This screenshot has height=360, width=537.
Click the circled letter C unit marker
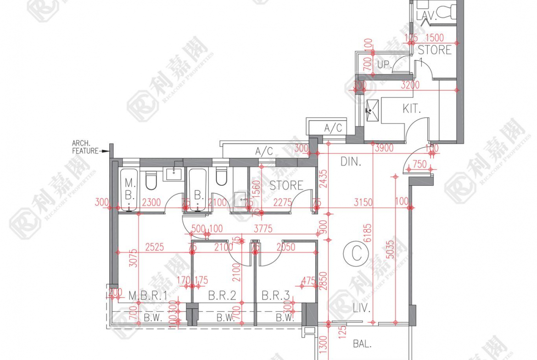[x=357, y=254]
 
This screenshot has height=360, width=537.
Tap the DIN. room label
[x=351, y=161]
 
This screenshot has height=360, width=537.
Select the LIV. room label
[x=362, y=308]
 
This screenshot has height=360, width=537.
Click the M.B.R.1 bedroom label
[x=147, y=296]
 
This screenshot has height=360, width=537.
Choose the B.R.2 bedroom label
[x=222, y=296]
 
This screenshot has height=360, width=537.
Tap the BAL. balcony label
[x=362, y=344]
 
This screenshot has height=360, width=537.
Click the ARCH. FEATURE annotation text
[x=86, y=147]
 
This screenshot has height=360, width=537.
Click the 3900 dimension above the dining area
[x=384, y=148]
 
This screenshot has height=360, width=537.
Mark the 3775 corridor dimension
[x=263, y=228]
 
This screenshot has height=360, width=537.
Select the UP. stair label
[x=384, y=66]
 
